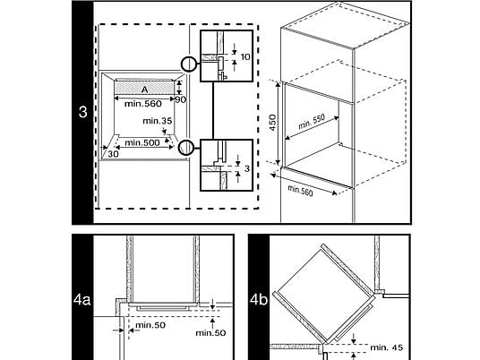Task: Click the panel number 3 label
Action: click(82, 112)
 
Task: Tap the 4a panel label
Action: click(82, 300)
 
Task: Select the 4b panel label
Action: click(259, 300)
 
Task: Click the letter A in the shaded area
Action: click(144, 90)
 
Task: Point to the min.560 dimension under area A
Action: click(143, 104)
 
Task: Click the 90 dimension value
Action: click(180, 99)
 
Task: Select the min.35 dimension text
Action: click(158, 121)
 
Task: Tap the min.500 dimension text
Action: click(142, 142)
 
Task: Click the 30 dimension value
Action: click(113, 154)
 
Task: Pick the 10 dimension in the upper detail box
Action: click(245, 57)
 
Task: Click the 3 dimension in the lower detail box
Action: click(247, 168)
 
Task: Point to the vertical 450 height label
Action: click(272, 122)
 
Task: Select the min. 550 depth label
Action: click(312, 123)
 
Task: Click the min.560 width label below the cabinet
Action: click(300, 191)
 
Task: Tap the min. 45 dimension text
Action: click(386, 347)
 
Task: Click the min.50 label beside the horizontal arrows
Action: click(150, 325)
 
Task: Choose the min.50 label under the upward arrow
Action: click(210, 333)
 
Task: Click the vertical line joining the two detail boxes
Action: click(213, 110)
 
